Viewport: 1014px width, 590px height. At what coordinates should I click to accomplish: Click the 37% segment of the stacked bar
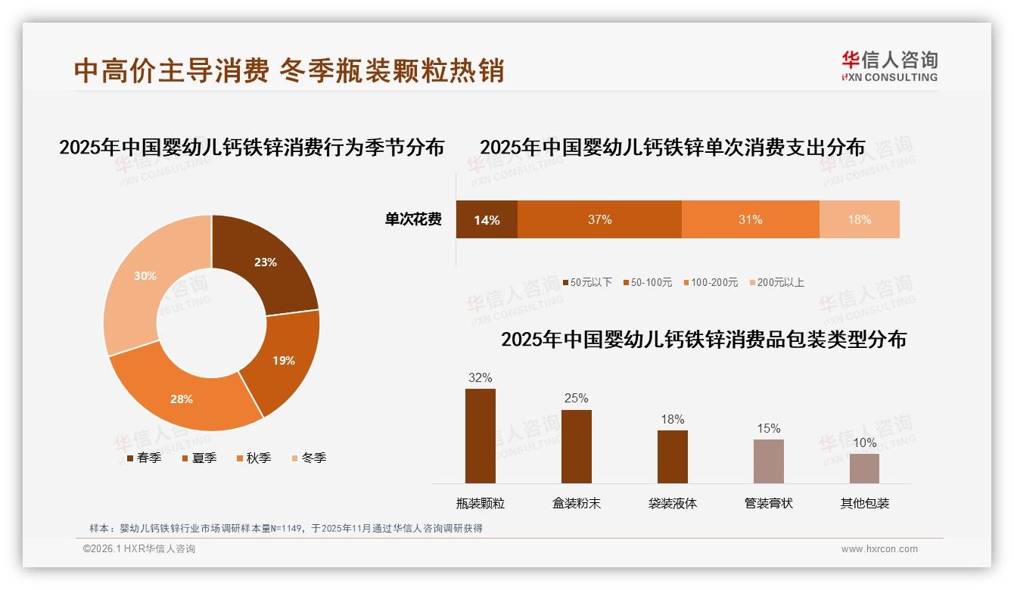coord(599,219)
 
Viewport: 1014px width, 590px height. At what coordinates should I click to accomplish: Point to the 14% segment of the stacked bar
coord(487,219)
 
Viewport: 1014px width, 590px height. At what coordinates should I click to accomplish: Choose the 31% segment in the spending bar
coord(750,219)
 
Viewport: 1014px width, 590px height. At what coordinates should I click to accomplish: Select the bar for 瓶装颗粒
coord(480,436)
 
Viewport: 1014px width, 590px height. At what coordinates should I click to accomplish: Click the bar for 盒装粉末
coord(576,446)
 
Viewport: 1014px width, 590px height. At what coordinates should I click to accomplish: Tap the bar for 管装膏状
coord(768,461)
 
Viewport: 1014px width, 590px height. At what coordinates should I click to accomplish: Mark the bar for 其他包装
coord(864,468)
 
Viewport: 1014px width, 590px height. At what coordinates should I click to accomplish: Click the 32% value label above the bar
coord(480,377)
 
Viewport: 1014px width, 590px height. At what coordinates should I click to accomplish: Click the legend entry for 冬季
coord(308,458)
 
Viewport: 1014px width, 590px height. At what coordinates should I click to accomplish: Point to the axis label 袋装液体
coord(672,503)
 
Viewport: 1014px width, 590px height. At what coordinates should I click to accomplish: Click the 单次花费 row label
coord(413,219)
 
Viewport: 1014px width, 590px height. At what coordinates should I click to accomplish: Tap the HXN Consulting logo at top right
coord(889,67)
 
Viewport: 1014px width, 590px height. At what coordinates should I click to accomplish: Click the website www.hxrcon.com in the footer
coord(879,549)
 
